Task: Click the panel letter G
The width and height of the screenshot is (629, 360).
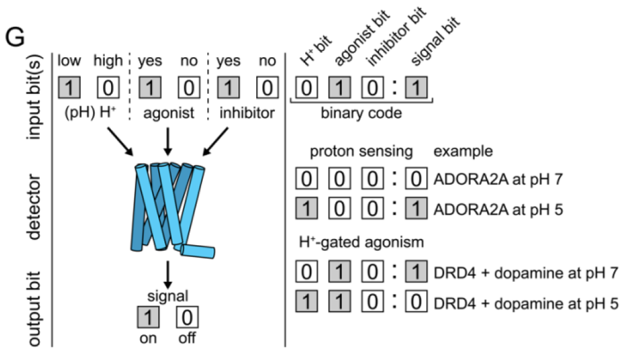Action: coord(15,38)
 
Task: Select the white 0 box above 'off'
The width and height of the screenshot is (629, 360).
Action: coord(186,318)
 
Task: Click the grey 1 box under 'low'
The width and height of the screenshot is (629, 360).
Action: coord(69,87)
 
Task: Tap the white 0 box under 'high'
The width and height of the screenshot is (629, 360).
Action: coord(108,87)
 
